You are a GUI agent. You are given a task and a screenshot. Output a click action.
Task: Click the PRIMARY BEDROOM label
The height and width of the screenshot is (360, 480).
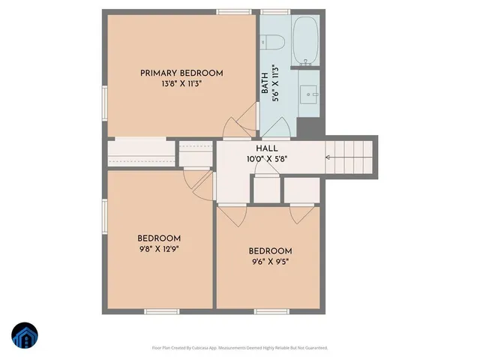181,73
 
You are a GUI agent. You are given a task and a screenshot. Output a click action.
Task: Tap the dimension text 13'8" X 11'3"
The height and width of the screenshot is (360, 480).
181,84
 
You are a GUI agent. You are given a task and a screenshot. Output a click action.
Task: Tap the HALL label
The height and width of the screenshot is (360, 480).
267,148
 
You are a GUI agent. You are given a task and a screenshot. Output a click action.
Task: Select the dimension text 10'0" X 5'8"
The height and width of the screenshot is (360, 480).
267,159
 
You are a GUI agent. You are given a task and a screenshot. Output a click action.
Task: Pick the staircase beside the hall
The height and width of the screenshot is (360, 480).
349,157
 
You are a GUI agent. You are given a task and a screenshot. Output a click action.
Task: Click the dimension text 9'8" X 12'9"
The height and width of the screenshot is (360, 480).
159,248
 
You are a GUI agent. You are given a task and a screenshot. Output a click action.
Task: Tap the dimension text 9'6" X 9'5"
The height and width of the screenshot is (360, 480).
270,262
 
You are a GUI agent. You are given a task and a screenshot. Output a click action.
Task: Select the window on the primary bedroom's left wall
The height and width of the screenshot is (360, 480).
104,102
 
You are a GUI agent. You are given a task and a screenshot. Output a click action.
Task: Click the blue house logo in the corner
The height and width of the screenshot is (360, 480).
25,336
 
